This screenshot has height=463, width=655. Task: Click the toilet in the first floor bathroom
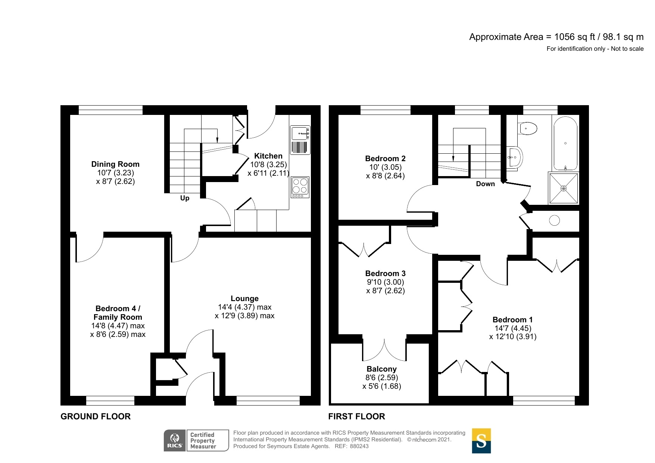pos(528,129)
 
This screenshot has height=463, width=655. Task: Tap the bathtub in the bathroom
pos(565,144)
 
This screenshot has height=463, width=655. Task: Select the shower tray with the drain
pos(564,188)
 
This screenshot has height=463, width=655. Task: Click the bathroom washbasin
pos(515,157)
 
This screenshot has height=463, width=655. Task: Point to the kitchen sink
pos(300,134)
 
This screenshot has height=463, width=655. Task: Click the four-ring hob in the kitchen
pos(300,187)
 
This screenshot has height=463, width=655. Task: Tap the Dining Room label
pos(115,164)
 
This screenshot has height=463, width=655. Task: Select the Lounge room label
pos(244,298)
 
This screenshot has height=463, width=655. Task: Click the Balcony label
pos(381,369)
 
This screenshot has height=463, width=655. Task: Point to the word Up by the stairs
pos(185,198)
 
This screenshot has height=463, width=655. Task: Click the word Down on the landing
pos(485,184)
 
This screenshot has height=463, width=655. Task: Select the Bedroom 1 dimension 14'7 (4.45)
pos(512,328)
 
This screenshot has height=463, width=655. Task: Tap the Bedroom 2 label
pos(385,159)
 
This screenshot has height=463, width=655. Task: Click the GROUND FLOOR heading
pos(96,416)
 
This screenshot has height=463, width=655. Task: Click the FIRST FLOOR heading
pos(356,416)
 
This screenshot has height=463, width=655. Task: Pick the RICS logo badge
pos(175,440)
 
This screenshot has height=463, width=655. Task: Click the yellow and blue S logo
pos(481,441)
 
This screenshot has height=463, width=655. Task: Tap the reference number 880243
pos(359,446)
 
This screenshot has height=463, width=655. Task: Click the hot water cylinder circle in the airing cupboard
pos(554,220)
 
